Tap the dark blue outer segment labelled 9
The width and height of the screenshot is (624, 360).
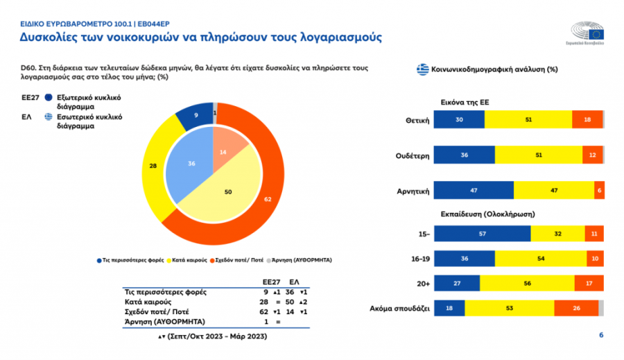point(196,115)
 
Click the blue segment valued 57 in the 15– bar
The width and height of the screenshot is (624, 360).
point(483,234)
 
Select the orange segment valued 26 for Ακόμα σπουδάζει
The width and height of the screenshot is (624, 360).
point(577,308)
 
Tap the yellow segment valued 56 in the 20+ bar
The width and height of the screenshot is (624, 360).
point(527,283)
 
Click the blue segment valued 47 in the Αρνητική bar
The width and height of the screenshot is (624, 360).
point(474,190)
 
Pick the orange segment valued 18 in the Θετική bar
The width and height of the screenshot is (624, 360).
point(587,119)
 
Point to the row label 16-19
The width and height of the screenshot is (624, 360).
point(419,259)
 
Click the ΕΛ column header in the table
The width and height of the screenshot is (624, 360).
point(294,283)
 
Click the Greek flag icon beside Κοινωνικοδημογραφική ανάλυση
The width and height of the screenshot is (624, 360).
point(422,69)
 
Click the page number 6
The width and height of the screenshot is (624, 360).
point(601,336)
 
